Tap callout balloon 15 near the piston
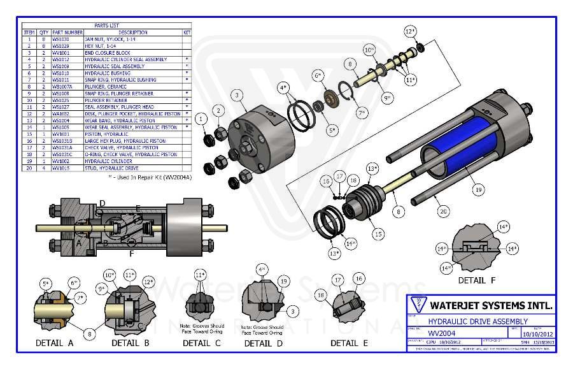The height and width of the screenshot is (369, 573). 379,234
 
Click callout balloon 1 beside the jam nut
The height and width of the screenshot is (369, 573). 201,118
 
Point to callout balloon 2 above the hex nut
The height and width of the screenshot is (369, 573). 218,111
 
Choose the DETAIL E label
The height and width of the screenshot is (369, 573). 349,343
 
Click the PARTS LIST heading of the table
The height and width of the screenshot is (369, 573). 106,25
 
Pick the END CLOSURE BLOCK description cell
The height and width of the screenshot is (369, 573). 108,52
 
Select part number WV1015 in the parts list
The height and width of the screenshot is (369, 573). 61,168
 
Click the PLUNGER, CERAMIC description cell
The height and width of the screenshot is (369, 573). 106,86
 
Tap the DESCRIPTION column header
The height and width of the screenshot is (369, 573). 132,32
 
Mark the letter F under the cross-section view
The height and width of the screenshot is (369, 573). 132,254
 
